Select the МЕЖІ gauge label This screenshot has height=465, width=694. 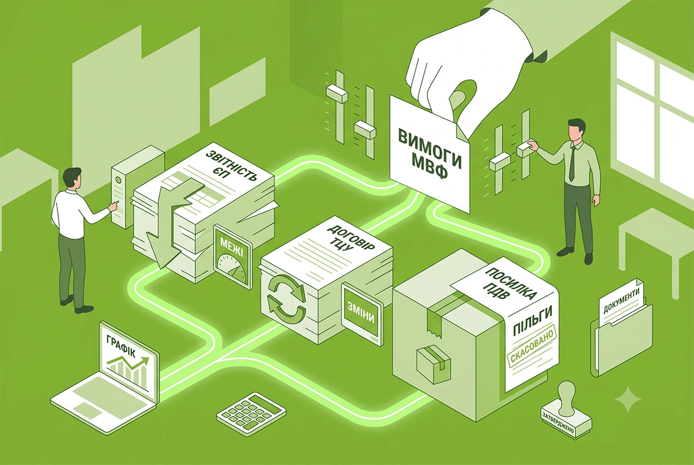click(231, 248)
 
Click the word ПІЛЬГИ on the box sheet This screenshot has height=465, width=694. click(532, 321)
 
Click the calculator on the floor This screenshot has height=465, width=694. click(251, 411)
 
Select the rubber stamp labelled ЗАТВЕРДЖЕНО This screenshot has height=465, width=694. click(566, 410)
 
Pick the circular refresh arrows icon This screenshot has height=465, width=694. click(287, 299)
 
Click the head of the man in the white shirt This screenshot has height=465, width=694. click(72, 180)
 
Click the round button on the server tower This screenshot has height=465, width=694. click(119, 179)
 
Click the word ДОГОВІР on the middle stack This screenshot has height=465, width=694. click(350, 241)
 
